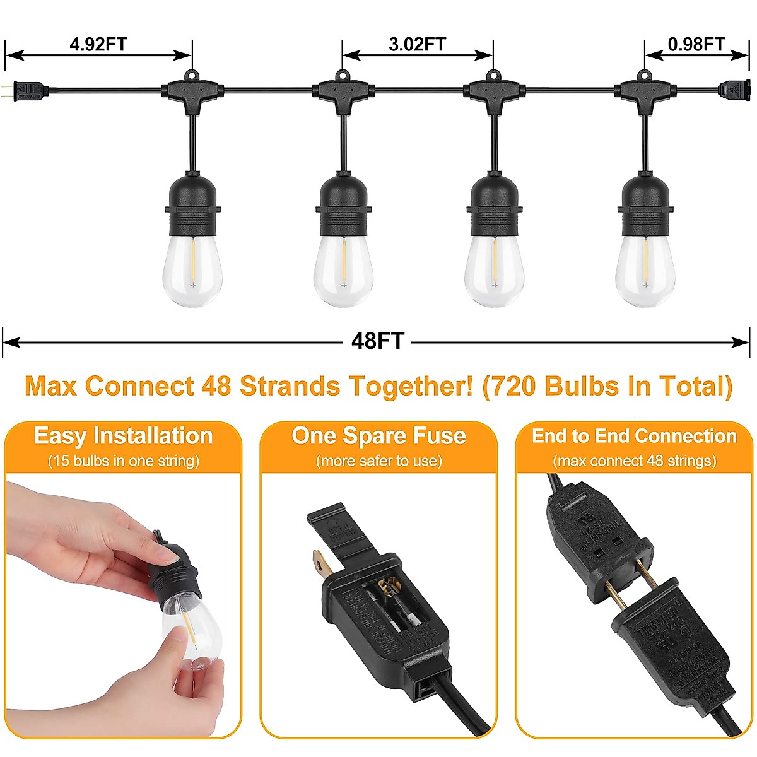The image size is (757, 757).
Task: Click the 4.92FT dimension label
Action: (x=98, y=44)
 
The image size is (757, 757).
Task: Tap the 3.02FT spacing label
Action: (x=417, y=44)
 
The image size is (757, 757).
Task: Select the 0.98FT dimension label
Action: (x=696, y=44)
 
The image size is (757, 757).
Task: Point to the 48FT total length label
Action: (x=377, y=341)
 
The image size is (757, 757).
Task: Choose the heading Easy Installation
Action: (x=123, y=437)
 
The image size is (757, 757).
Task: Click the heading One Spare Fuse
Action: (x=378, y=437)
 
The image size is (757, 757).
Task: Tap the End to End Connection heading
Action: (x=634, y=437)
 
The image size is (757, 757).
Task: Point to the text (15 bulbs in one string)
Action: (x=123, y=461)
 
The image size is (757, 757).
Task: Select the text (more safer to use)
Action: (x=378, y=461)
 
